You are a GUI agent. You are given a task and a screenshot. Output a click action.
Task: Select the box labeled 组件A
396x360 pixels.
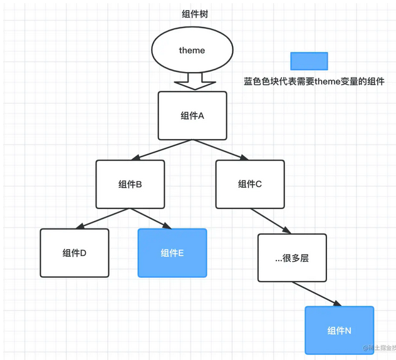point(192,115)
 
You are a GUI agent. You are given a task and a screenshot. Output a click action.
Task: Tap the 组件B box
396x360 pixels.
point(130,184)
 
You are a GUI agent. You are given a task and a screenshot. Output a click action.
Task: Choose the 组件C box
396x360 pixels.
point(249,184)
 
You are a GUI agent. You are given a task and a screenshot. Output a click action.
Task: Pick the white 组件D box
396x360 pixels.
point(74,253)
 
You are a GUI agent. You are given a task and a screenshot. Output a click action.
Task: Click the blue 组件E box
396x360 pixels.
point(172,253)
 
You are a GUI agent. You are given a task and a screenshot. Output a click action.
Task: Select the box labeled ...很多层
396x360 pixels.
point(292,258)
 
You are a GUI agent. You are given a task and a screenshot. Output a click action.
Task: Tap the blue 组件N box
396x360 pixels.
point(339,331)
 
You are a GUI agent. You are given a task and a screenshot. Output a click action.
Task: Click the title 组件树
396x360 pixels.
point(192,14)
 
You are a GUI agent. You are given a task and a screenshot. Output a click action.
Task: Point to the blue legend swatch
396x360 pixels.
point(309,61)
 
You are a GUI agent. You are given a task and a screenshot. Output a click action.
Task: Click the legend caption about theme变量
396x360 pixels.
point(314,81)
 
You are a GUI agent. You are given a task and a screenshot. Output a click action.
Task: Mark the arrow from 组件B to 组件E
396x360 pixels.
point(150,219)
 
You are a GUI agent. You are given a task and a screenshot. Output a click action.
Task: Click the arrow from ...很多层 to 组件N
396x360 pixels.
point(316,294)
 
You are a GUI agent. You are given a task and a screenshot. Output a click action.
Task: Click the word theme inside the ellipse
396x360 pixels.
point(192,50)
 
